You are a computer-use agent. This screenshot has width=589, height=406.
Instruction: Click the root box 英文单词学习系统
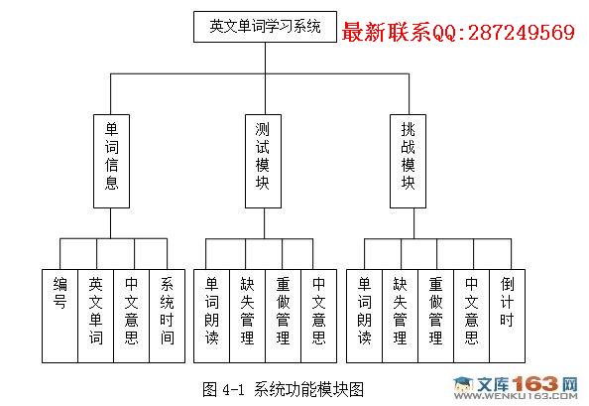(x=265, y=27)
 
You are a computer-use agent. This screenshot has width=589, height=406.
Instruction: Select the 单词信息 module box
(x=111, y=161)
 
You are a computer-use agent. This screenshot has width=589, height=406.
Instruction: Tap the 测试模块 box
(x=263, y=161)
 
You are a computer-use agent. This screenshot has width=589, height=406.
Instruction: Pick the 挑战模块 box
(x=408, y=161)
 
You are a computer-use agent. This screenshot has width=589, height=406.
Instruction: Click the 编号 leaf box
(x=60, y=316)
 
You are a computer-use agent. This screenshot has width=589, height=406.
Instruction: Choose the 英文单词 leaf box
(x=96, y=316)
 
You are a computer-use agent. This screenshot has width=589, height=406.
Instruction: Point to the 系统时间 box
(x=168, y=316)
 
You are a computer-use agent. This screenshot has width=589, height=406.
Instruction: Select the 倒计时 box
(x=508, y=316)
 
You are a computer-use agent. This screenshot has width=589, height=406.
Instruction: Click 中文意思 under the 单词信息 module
(x=132, y=316)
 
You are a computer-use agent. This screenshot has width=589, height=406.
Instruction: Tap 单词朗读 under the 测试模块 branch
(x=211, y=316)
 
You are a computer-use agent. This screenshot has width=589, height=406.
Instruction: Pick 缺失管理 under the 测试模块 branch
(x=248, y=316)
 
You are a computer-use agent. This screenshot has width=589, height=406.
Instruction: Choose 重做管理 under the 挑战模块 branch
(x=435, y=316)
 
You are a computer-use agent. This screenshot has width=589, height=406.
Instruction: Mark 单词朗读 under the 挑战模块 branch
(x=364, y=316)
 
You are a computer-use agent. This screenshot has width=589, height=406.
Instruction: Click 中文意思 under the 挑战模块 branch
(x=472, y=316)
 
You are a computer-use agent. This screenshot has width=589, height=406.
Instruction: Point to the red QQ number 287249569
(x=522, y=32)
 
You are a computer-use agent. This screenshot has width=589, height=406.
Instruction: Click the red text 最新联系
(x=387, y=32)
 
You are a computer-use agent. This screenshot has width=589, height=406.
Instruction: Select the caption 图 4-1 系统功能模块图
(x=283, y=389)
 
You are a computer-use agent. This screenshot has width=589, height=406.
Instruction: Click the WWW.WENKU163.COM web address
(x=516, y=396)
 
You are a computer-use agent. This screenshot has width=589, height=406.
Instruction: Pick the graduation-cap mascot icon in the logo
(x=464, y=384)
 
